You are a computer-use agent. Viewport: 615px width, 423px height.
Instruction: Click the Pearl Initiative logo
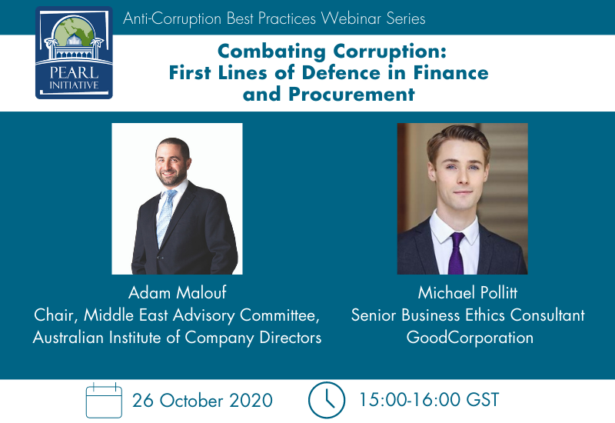[74, 52]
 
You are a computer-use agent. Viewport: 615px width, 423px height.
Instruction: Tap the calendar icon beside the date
[104, 400]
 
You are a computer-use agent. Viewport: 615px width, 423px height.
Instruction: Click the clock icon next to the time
[327, 400]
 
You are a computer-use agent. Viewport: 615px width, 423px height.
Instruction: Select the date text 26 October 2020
[202, 401]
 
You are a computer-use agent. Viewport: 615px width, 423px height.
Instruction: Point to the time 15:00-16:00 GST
[429, 400]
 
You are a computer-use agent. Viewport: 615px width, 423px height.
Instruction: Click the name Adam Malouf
[178, 293]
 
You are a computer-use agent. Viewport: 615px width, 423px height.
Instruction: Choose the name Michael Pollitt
[467, 293]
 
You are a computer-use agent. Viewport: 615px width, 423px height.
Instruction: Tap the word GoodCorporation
[470, 338]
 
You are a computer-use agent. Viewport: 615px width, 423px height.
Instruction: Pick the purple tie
[457, 253]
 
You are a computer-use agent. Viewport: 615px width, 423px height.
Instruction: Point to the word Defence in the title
[341, 72]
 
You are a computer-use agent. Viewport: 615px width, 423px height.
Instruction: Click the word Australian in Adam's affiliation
[68, 338]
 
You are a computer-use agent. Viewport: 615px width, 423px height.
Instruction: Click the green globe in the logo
[74, 31]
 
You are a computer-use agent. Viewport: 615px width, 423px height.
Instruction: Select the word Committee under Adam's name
[280, 315]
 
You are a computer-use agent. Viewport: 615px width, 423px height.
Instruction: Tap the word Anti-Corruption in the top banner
[172, 18]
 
